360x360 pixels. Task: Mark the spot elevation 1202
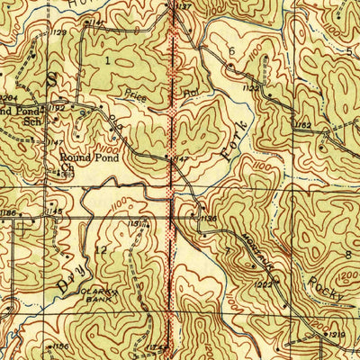click(x=264, y=285)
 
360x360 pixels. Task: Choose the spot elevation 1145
click(x=55, y=211)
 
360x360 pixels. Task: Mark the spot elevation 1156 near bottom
click(x=61, y=345)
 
